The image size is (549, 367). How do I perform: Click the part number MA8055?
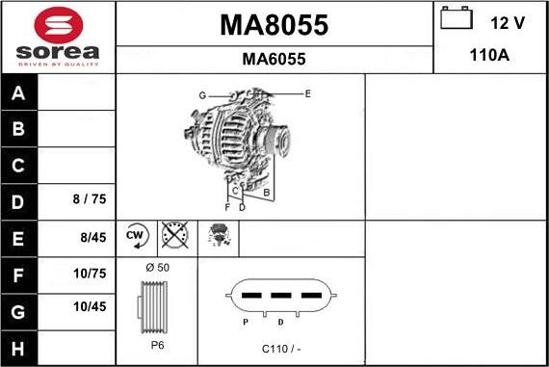(274, 26)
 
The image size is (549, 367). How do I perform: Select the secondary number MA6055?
(274, 59)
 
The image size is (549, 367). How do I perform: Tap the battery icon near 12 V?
(456, 18)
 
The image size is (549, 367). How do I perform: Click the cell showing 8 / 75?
(89, 200)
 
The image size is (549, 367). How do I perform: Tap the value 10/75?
(89, 273)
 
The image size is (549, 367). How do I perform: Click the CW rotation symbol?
(135, 234)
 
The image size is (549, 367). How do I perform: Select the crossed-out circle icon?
(175, 235)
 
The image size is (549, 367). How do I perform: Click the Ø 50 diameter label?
(157, 266)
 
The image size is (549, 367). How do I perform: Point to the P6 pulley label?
(157, 345)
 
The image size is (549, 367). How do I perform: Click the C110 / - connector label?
(281, 348)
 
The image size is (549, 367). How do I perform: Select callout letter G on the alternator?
(202, 94)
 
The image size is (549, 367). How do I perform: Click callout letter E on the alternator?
(307, 93)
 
